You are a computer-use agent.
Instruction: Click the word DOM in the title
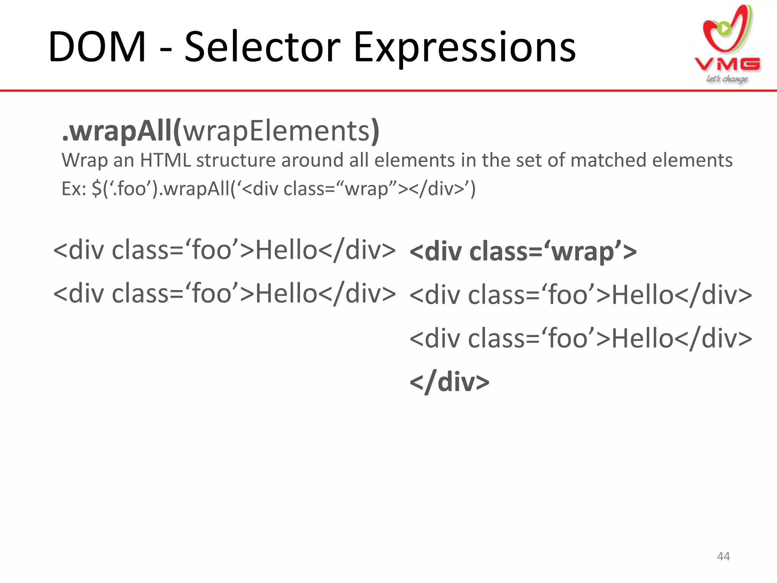pyautogui.click(x=97, y=47)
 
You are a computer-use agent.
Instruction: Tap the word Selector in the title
pyautogui.click(x=262, y=47)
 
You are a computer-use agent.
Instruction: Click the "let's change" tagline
pyautogui.click(x=727, y=79)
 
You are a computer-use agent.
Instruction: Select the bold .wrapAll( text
pyautogui.click(x=121, y=131)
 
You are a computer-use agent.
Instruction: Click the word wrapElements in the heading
pyautogui.click(x=276, y=131)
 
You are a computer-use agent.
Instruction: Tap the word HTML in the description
pyautogui.click(x=165, y=160)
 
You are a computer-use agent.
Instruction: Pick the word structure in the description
pyautogui.click(x=235, y=160)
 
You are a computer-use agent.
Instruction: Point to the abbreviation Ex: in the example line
pyautogui.click(x=74, y=189)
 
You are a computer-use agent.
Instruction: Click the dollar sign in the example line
pyautogui.click(x=96, y=189)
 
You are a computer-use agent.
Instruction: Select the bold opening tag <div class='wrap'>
pyautogui.click(x=523, y=252)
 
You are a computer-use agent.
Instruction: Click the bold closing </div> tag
pyautogui.click(x=450, y=382)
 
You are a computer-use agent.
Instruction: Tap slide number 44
pyautogui.click(x=723, y=556)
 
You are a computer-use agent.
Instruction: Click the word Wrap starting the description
pyautogui.click(x=83, y=160)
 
